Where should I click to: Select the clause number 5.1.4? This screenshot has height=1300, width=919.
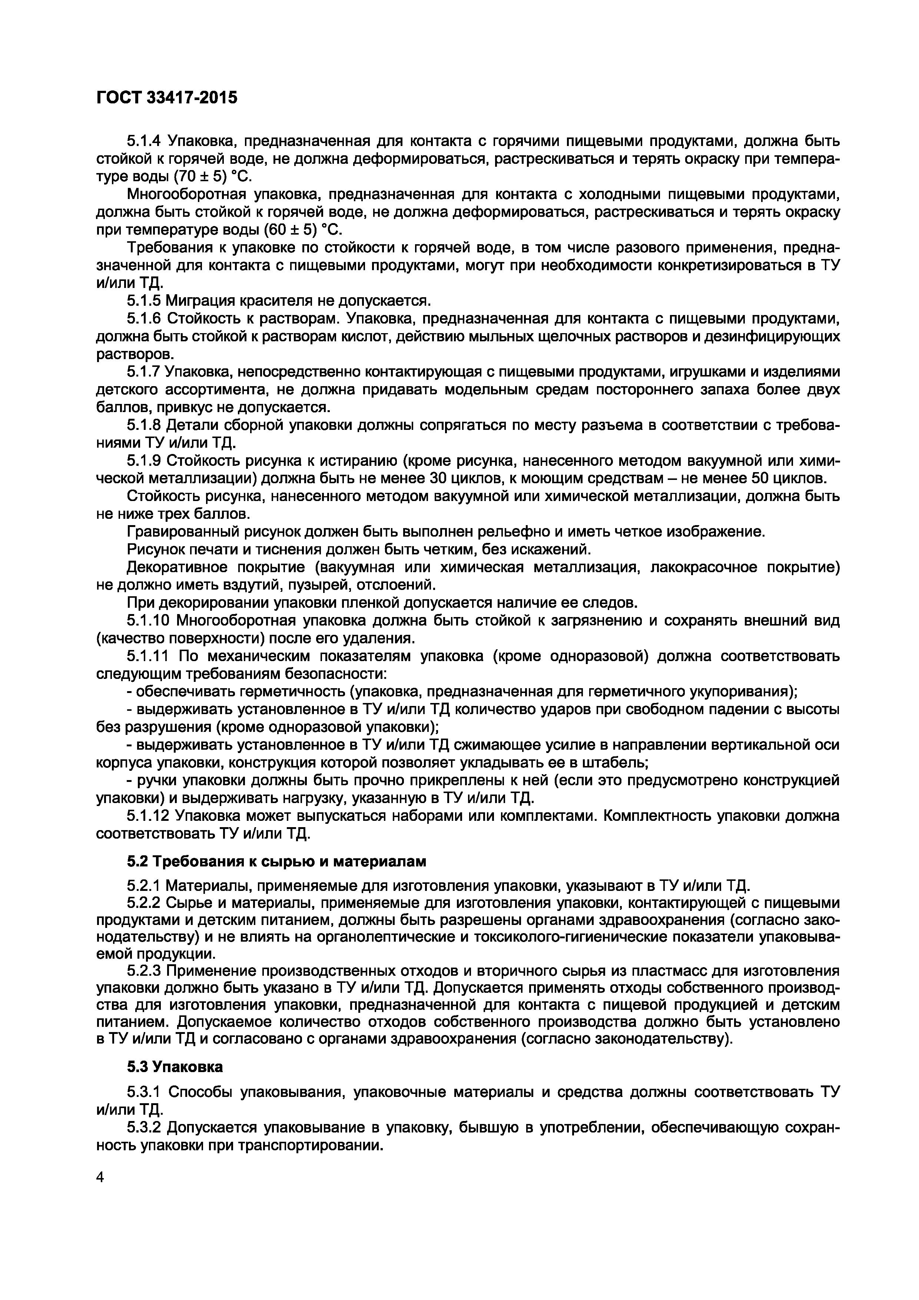click(x=144, y=141)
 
